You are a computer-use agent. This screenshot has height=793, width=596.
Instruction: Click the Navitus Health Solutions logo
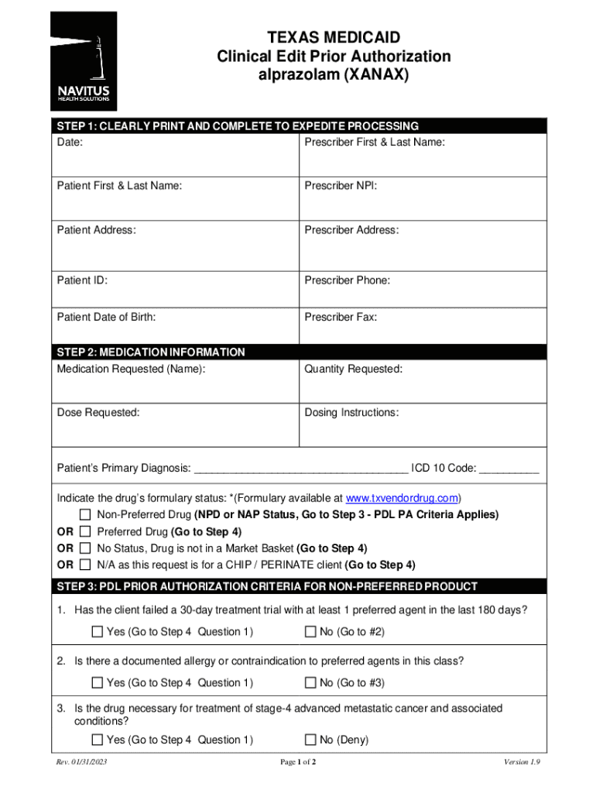[x=84, y=61]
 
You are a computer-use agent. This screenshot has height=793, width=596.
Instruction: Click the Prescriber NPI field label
[x=341, y=186]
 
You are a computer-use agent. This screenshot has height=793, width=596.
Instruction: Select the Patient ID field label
[x=82, y=280]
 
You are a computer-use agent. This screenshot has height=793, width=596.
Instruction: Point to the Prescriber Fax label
[x=341, y=318]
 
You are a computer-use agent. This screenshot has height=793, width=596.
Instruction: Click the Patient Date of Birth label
[x=106, y=318]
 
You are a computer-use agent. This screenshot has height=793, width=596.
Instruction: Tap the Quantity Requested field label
[x=353, y=369]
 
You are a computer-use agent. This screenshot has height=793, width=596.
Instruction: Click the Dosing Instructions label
[x=351, y=413]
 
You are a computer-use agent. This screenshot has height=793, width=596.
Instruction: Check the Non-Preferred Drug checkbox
[x=86, y=515]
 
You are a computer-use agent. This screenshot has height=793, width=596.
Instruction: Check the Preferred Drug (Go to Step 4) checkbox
[x=86, y=531]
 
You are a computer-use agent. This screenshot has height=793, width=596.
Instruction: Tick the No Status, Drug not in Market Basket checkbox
[x=86, y=548]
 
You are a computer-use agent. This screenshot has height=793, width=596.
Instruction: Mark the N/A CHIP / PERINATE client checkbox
[x=86, y=565]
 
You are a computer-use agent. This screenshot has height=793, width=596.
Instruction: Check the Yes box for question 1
[x=97, y=632]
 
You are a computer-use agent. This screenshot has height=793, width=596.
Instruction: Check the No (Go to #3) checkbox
[x=310, y=683]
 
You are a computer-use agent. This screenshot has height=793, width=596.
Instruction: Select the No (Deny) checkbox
[x=310, y=740]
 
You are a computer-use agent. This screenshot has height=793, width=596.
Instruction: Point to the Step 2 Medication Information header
[x=151, y=352]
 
